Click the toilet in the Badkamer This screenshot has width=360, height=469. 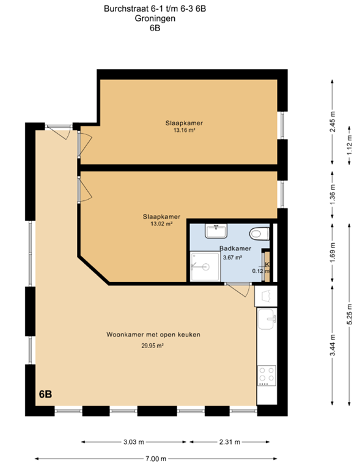pos(259,233)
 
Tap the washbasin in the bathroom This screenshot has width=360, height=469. pos(216,231)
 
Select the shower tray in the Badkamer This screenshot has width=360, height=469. pos(205,266)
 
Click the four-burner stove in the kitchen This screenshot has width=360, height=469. pos(267,376)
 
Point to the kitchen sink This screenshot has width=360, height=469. pos(266,319)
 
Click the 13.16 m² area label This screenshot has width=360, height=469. pos(185,130)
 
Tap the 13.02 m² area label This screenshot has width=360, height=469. pos(161,224)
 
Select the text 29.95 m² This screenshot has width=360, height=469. pos(152,346)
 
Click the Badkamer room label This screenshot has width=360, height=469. pos(235,249)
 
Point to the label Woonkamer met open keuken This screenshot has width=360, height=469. pos(153,335)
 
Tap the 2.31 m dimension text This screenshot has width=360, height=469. pos(230,442)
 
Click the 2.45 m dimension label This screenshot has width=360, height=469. pos(332,122)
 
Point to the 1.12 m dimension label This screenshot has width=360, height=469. pos(350,145)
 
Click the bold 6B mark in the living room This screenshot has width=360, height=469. pos(45,394)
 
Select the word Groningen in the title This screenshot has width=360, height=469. pos(155,18)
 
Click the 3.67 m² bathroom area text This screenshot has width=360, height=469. pos(232,257)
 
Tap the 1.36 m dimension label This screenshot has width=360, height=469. pos(332,195)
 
